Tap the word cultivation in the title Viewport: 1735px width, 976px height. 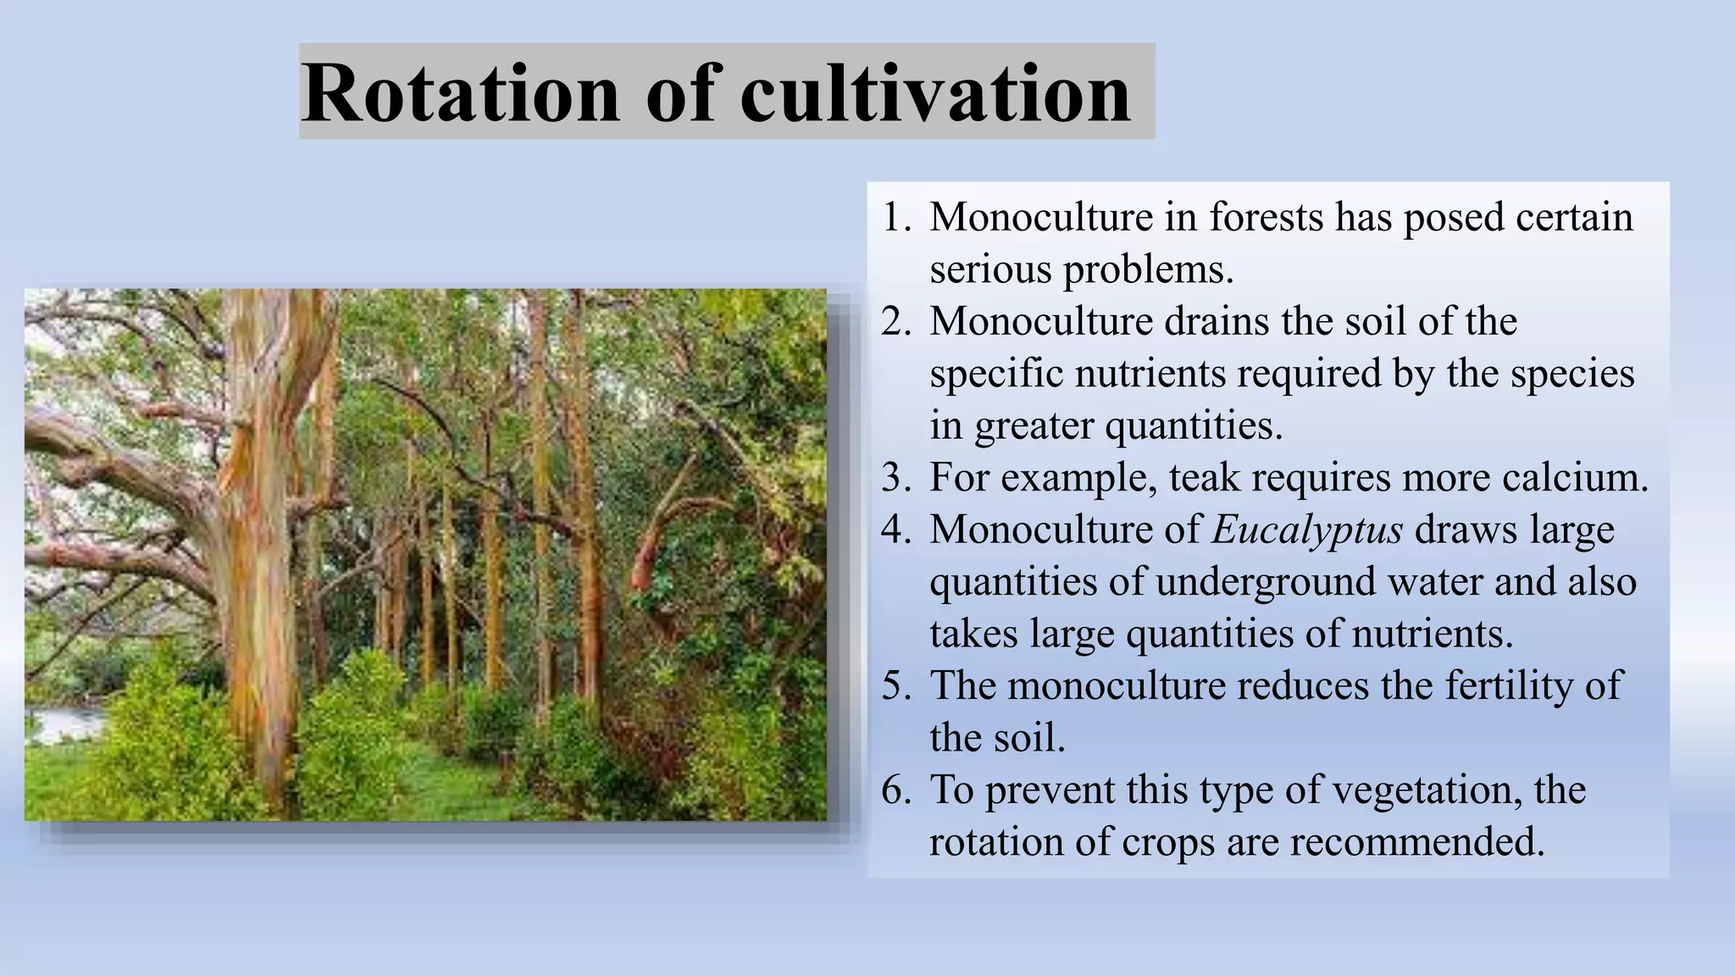pos(934,93)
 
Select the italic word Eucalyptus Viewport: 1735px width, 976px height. pos(1307,530)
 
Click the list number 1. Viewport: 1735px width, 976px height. pos(895,218)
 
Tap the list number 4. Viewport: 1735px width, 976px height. pos(895,530)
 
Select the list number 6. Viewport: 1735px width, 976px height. pos(895,790)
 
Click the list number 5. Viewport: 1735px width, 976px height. pos(895,686)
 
